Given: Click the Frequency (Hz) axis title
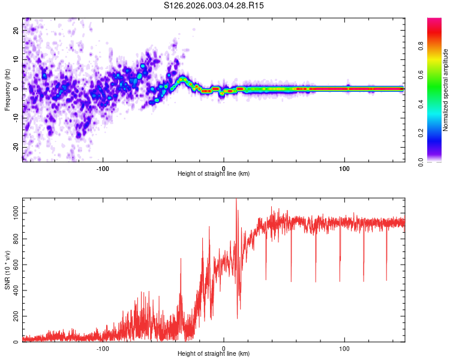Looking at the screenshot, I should tap(7, 89).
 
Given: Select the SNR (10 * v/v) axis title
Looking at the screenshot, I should tap(7, 270).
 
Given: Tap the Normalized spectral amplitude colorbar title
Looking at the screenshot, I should tap(445, 91).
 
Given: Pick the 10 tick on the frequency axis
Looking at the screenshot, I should tap(16, 59).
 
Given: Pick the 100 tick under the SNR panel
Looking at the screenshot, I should tap(345, 349).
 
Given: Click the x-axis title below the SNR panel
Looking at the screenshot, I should tap(214, 355).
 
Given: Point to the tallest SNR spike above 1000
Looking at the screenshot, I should tap(236, 200).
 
